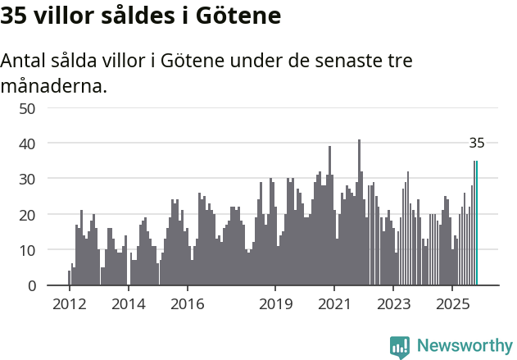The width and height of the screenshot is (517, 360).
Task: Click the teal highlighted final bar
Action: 477,223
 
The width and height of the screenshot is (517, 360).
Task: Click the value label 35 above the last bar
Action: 477,144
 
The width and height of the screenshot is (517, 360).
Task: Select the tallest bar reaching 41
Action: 359,213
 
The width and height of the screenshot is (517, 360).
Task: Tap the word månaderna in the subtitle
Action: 54,85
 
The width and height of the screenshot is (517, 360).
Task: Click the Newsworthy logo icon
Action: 400,347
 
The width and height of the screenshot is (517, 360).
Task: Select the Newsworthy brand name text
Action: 464,346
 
